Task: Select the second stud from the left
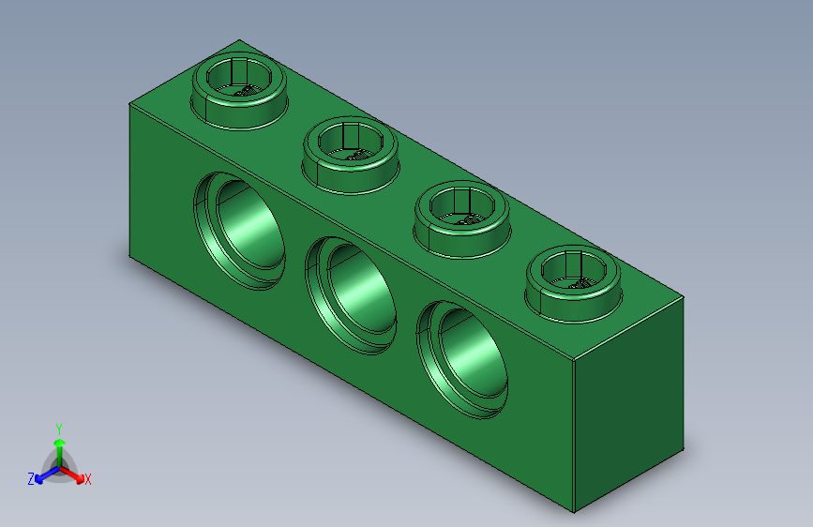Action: (351, 156)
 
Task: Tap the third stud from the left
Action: (462, 218)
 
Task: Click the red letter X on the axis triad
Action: (88, 480)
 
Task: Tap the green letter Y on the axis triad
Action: (59, 426)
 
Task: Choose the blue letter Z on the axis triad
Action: (31, 478)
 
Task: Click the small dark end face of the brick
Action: (628, 403)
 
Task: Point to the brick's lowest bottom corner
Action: (574, 513)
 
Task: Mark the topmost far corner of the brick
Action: (240, 40)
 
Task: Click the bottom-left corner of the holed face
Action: (129, 253)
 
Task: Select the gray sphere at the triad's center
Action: (59, 466)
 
